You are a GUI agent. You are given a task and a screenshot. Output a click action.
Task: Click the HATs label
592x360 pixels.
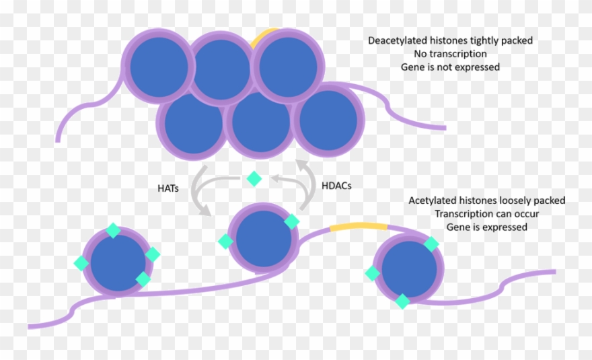[168, 189]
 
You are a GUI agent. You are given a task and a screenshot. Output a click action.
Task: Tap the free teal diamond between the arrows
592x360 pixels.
[254, 178]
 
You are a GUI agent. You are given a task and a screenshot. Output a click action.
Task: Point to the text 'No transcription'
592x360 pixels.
[450, 54]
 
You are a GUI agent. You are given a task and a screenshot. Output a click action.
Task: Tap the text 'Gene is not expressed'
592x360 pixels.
[450, 67]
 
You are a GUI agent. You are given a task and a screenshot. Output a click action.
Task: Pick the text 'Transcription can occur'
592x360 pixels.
[486, 214]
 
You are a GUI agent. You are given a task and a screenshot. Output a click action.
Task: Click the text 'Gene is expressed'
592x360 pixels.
[486, 227]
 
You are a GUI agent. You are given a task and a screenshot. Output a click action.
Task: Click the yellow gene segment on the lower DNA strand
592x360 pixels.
[359, 227]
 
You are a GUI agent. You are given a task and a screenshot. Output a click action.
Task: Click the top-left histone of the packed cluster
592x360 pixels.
[158, 65]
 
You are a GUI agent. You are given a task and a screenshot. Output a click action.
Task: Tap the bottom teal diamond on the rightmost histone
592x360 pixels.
[402, 301]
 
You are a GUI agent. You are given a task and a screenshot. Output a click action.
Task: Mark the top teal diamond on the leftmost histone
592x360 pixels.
[113, 231]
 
